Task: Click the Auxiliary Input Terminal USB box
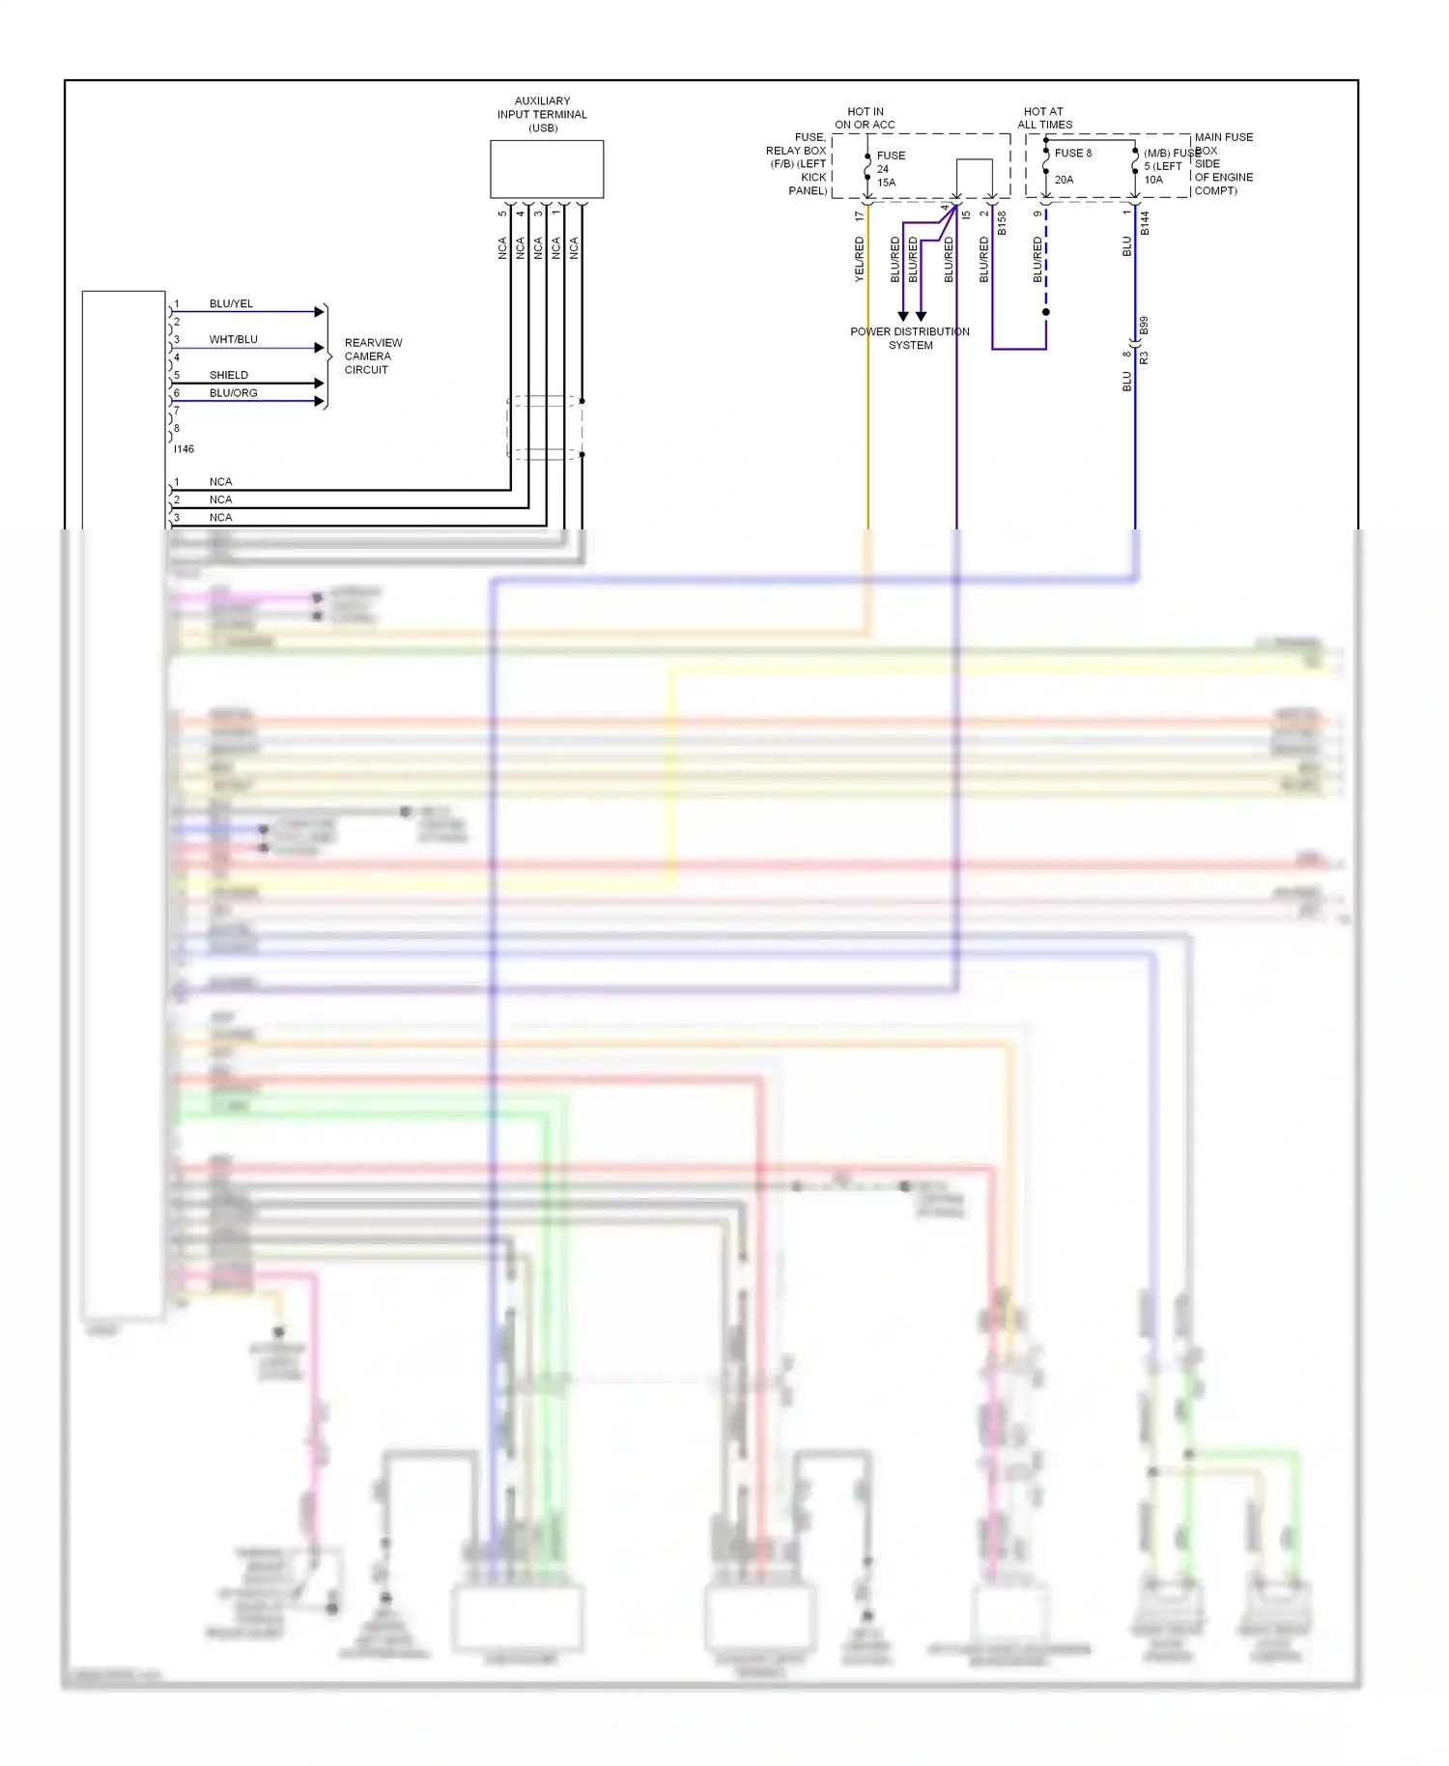pyautogui.click(x=547, y=169)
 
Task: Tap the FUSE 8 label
pyautogui.click(x=1072, y=153)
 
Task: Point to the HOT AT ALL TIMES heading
pyautogui.click(x=1044, y=118)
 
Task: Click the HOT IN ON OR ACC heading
pyautogui.click(x=865, y=118)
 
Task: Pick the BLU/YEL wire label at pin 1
pyautogui.click(x=231, y=303)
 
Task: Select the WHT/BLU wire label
pyautogui.click(x=233, y=339)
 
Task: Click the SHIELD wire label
pyautogui.click(x=229, y=375)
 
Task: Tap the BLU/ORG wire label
pyautogui.click(x=233, y=393)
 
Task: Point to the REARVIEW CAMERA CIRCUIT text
pyautogui.click(x=372, y=356)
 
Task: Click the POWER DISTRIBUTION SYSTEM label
pyautogui.click(x=910, y=338)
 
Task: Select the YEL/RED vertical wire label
pyautogui.click(x=859, y=259)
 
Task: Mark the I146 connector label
pyautogui.click(x=184, y=449)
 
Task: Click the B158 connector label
pyautogui.click(x=1002, y=223)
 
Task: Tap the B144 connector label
pyautogui.click(x=1145, y=223)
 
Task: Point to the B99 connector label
pyautogui.click(x=1144, y=326)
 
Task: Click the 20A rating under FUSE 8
pyautogui.click(x=1064, y=180)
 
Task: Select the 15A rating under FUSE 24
pyautogui.click(x=886, y=183)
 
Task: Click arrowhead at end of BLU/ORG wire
pyautogui.click(x=320, y=401)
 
